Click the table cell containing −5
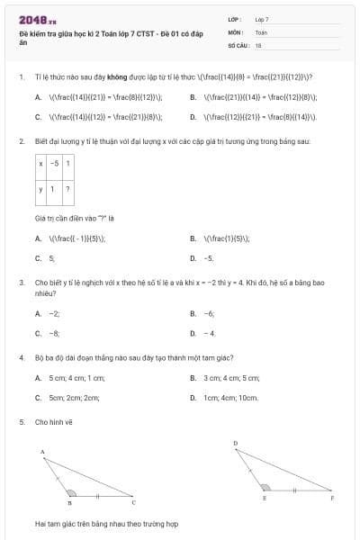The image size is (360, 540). [55, 164]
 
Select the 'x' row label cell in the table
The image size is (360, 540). [40, 164]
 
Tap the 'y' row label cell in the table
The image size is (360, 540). [40, 189]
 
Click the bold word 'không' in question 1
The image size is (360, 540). [114, 77]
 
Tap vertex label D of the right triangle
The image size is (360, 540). [235, 443]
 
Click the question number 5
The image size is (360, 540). [21, 421]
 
